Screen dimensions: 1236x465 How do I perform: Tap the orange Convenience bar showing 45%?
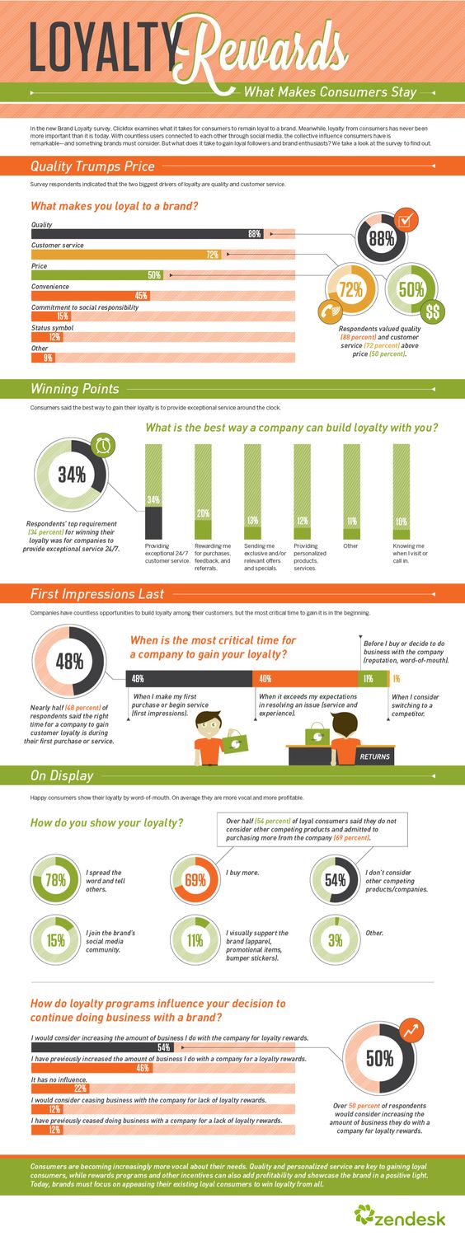[x=141, y=296]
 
